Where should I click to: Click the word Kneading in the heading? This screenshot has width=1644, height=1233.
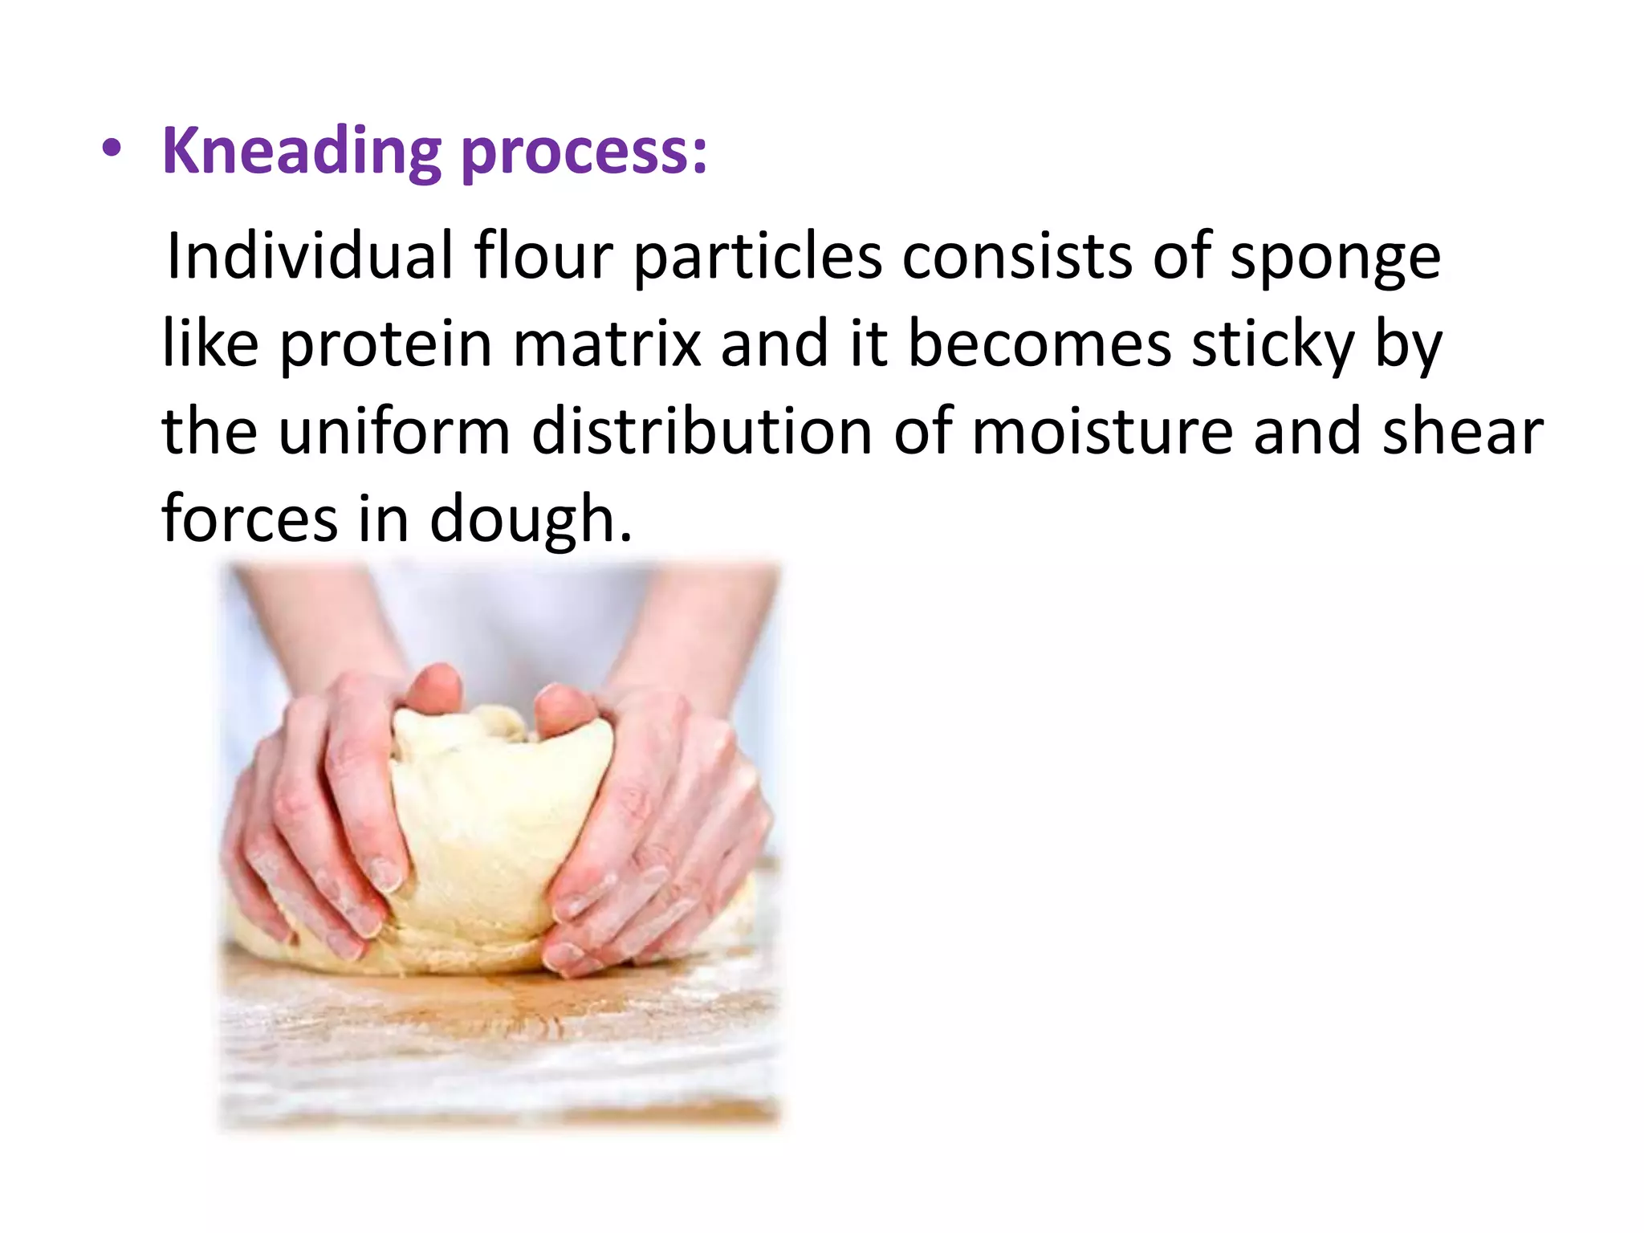coord(301,153)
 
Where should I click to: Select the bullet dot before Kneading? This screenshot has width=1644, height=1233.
coord(112,151)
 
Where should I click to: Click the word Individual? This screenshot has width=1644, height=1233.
coord(309,257)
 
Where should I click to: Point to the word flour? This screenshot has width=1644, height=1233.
coord(543,257)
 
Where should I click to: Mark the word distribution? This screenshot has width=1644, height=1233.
coord(702,432)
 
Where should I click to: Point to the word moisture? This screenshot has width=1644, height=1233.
coord(1101,432)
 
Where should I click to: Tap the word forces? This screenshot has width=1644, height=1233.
coord(250,519)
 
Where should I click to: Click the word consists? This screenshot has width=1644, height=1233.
coord(1016,257)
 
